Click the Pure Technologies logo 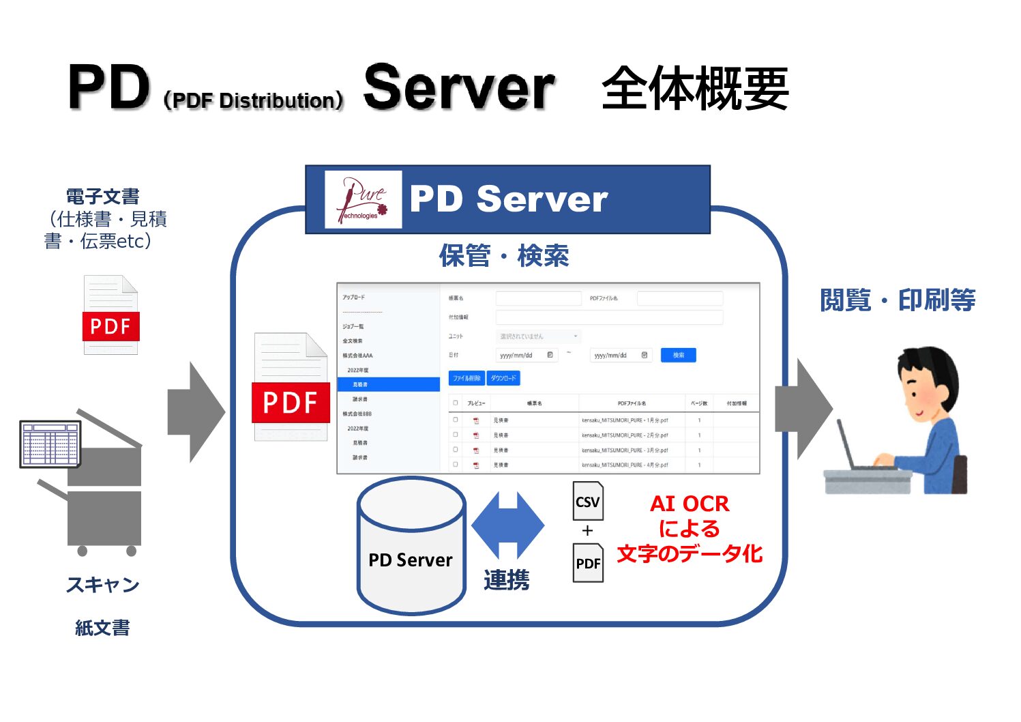pos(363,199)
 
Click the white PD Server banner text pos(508,199)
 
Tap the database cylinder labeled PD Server pos(411,545)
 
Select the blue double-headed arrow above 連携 pos(507,525)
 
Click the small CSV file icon pos(588,501)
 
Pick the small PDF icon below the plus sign pos(588,562)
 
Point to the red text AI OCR pos(690,504)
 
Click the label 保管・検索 pos(504,256)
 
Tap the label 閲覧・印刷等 pos(898,300)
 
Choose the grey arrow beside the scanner pos(196,412)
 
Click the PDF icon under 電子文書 pos(110,315)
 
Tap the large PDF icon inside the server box pos(291,387)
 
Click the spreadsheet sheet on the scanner pos(50,444)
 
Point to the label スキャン pos(102,585)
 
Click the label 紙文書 pos(102,628)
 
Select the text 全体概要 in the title pos(695,89)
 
